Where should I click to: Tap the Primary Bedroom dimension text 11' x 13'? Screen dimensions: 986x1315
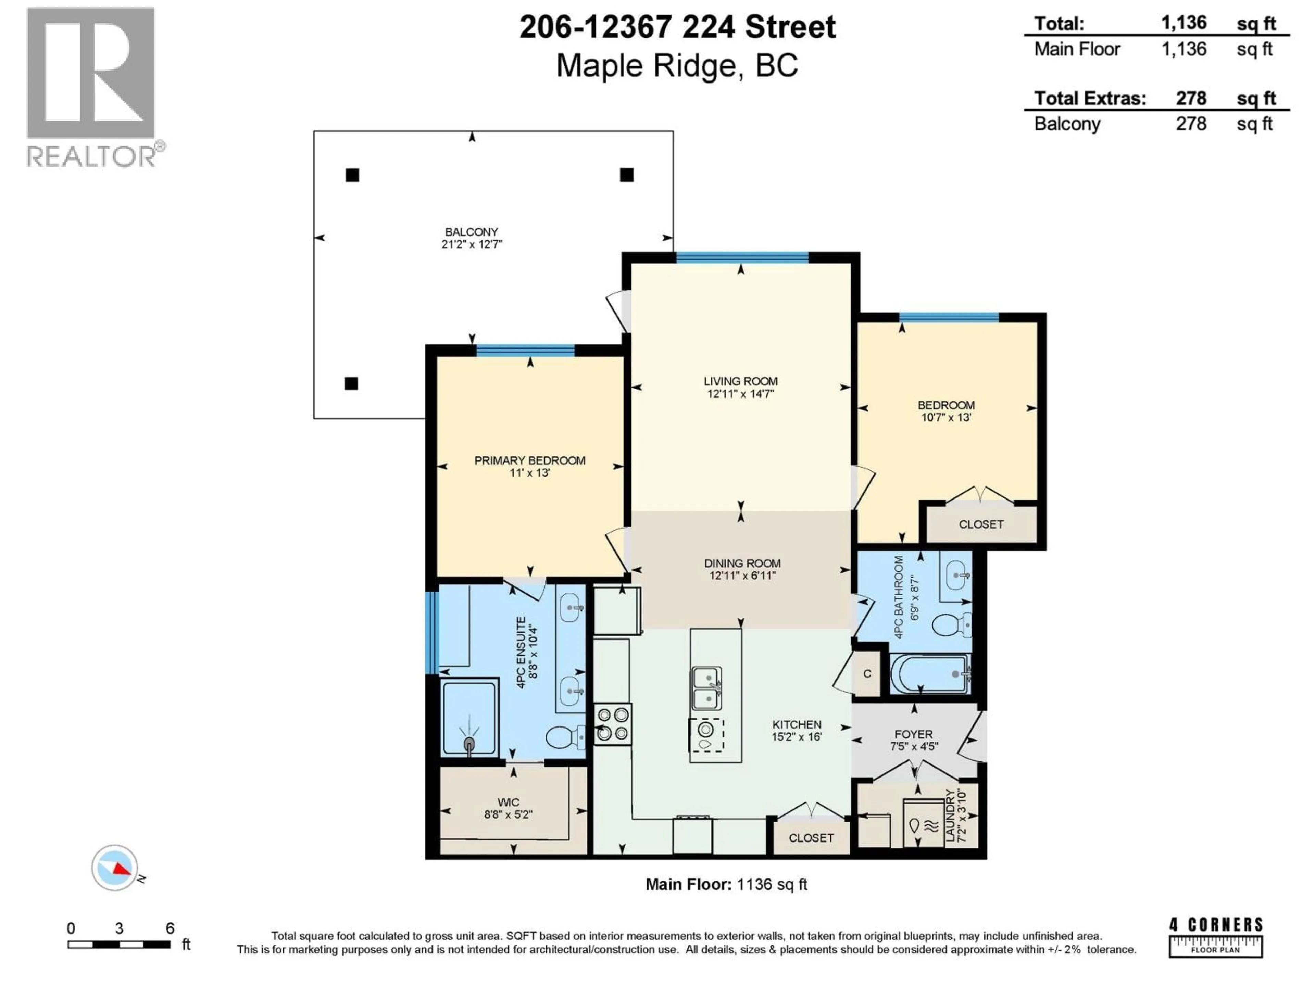[530, 473]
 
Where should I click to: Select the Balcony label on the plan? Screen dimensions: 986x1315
[472, 232]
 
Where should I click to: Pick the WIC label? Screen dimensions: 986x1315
[508, 802]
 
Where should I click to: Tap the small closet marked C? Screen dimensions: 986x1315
[867, 673]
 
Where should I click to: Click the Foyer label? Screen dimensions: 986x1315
[914, 735]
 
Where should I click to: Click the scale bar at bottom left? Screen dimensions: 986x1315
[119, 944]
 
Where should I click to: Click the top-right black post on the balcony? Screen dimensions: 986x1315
[627, 175]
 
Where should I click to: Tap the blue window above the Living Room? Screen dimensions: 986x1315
[742, 257]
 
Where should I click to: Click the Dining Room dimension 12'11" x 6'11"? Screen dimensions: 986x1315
[742, 575]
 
